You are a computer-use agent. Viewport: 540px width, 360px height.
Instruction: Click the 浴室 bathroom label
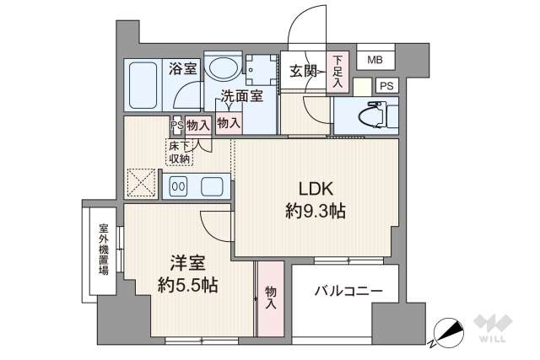(182, 68)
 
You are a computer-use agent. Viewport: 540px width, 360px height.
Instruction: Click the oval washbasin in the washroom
(224, 67)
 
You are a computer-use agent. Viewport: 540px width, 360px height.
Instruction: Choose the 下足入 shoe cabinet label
(337, 72)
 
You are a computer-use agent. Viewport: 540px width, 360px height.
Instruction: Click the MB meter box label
(374, 60)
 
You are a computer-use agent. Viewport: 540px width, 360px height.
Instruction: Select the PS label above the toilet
(386, 85)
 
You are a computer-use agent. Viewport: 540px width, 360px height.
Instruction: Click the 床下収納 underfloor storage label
(179, 153)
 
